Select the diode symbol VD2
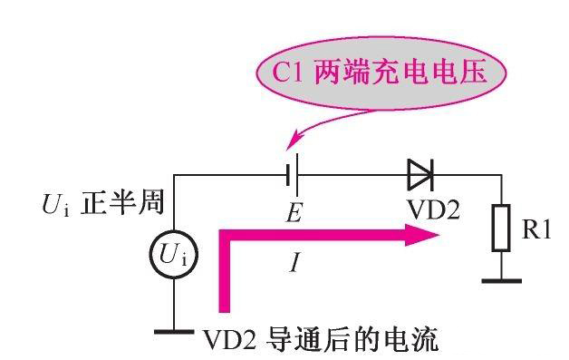point(421,172)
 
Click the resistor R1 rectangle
point(501,229)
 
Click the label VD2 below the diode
point(432,211)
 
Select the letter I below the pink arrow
point(294,264)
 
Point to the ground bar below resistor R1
point(501,280)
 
